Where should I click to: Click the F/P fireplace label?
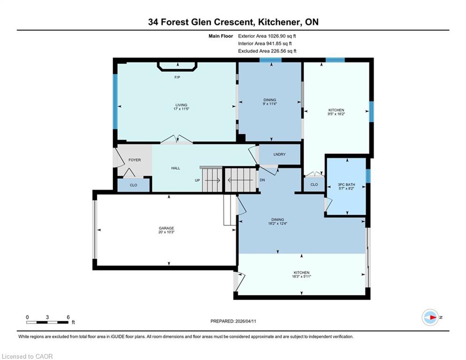pos(177,77)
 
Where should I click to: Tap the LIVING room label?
pos(181,105)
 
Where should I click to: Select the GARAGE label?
pos(166,228)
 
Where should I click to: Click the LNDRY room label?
pos(279,154)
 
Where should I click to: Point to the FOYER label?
pos(134,160)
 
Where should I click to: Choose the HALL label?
pos(176,168)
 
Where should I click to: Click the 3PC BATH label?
pos(347,185)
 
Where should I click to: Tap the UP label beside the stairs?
pos(197,180)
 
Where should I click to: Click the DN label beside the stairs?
pos(262,180)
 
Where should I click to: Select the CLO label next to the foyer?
pos(133,185)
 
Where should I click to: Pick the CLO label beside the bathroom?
pos(314,185)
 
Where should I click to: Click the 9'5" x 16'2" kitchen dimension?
pos(336,114)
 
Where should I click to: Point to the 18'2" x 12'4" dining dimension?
pos(278,224)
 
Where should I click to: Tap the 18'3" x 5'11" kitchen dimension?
pos(302,277)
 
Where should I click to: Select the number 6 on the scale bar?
pos(68,317)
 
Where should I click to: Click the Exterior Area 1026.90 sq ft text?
pos(267,36)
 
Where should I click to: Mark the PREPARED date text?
pos(233,321)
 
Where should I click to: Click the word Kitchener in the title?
pos(279,22)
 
